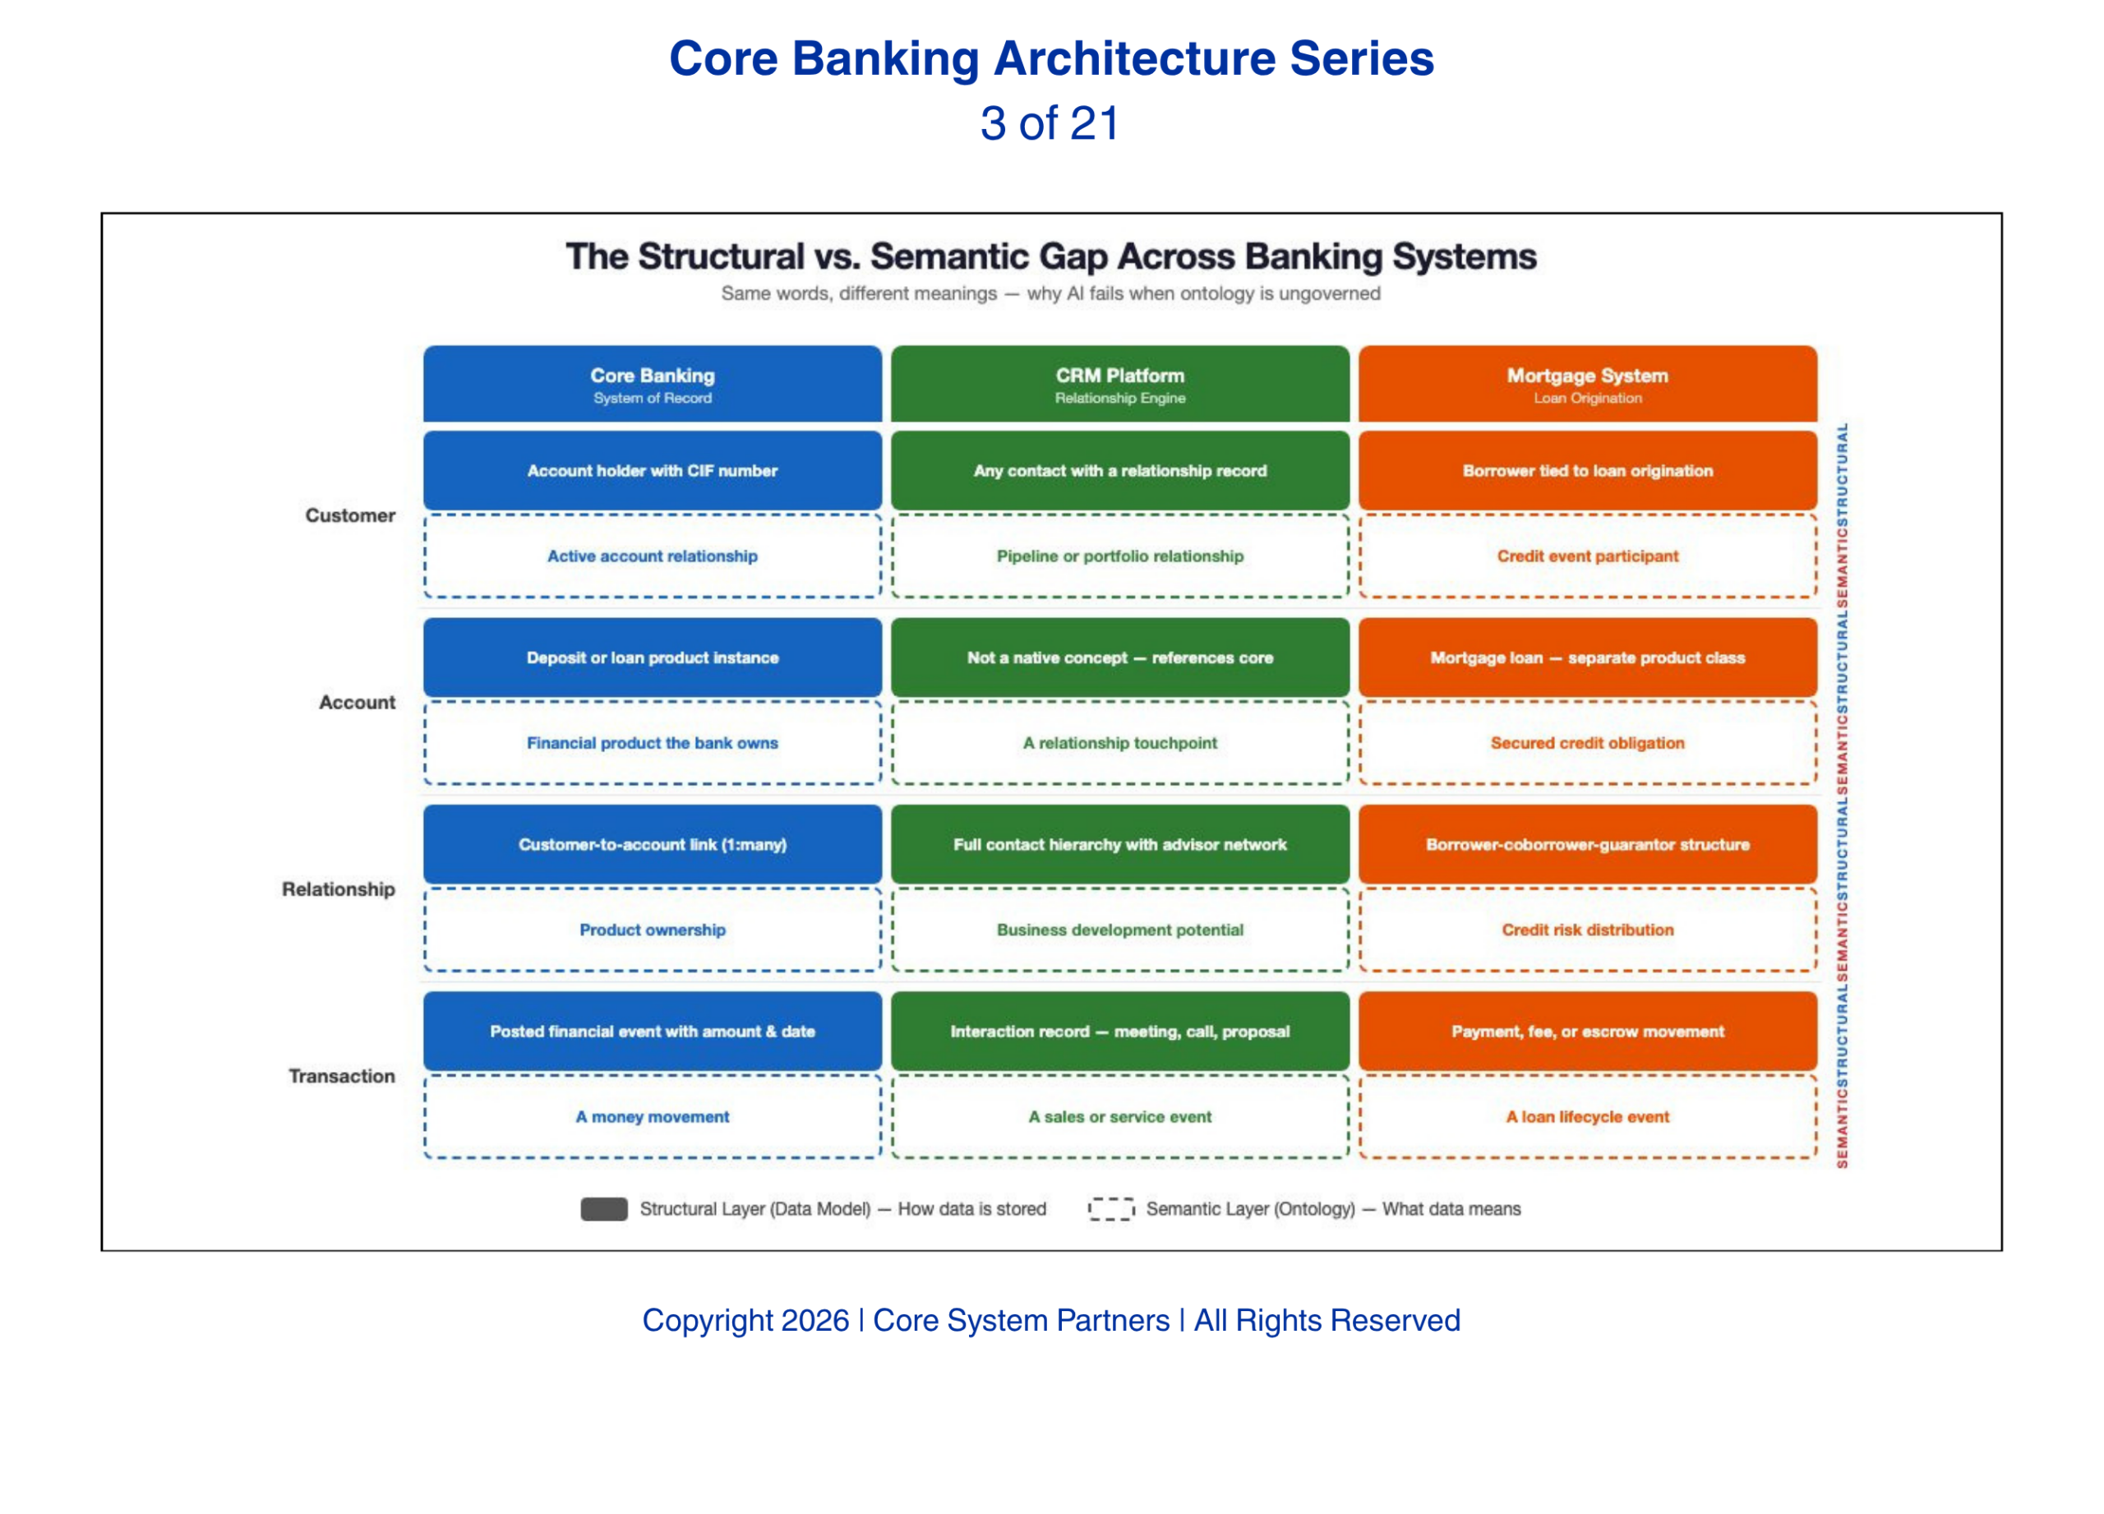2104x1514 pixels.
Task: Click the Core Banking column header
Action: tap(653, 384)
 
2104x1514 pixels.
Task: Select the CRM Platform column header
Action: tap(1119, 384)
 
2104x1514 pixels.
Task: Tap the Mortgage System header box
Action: tap(1587, 384)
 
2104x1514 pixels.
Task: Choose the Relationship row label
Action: tap(338, 889)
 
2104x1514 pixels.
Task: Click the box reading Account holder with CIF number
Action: tap(653, 470)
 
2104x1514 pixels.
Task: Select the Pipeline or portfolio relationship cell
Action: tap(1119, 556)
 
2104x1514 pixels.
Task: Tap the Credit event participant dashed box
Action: tap(1587, 556)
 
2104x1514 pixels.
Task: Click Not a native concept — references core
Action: tap(1119, 658)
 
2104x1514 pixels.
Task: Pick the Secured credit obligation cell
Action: tap(1587, 743)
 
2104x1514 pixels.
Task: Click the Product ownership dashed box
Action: tap(653, 930)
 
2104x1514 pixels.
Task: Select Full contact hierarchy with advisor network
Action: tap(1119, 844)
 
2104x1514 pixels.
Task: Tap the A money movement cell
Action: tap(653, 1117)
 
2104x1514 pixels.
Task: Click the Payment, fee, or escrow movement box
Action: tap(1587, 1032)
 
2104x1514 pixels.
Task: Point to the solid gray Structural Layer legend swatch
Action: tap(604, 1209)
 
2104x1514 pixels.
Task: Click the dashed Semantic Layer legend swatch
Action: tap(1111, 1209)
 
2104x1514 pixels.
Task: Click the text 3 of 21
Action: tap(1050, 123)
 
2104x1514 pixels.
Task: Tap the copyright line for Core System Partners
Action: tap(1051, 1320)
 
